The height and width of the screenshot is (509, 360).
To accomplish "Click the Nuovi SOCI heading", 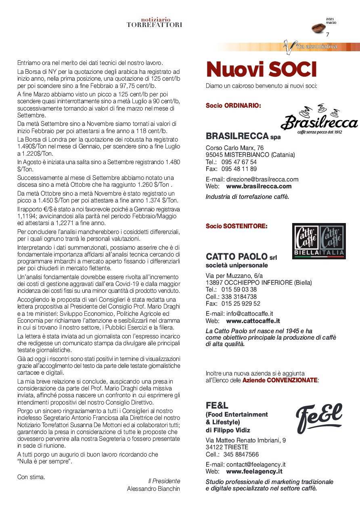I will [x=261, y=69].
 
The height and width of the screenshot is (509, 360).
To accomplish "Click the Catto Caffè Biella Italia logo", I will [x=318, y=241].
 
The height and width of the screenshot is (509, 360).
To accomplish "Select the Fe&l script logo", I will [x=319, y=417].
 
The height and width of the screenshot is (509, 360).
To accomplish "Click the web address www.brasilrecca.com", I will [x=259, y=186].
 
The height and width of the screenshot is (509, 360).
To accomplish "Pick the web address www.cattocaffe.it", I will [x=253, y=321].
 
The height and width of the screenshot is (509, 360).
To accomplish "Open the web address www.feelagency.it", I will [x=254, y=471].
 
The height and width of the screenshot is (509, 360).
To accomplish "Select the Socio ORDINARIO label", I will [x=233, y=106].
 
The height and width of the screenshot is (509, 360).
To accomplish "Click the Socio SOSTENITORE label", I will [x=237, y=226].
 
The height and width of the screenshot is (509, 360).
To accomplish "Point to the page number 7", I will [x=328, y=35].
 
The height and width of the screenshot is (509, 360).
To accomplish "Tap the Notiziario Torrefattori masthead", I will [x=154, y=22].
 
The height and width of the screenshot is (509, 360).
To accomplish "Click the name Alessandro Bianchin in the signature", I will [x=153, y=488].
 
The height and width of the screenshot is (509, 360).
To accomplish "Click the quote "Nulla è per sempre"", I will [x=45, y=461].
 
